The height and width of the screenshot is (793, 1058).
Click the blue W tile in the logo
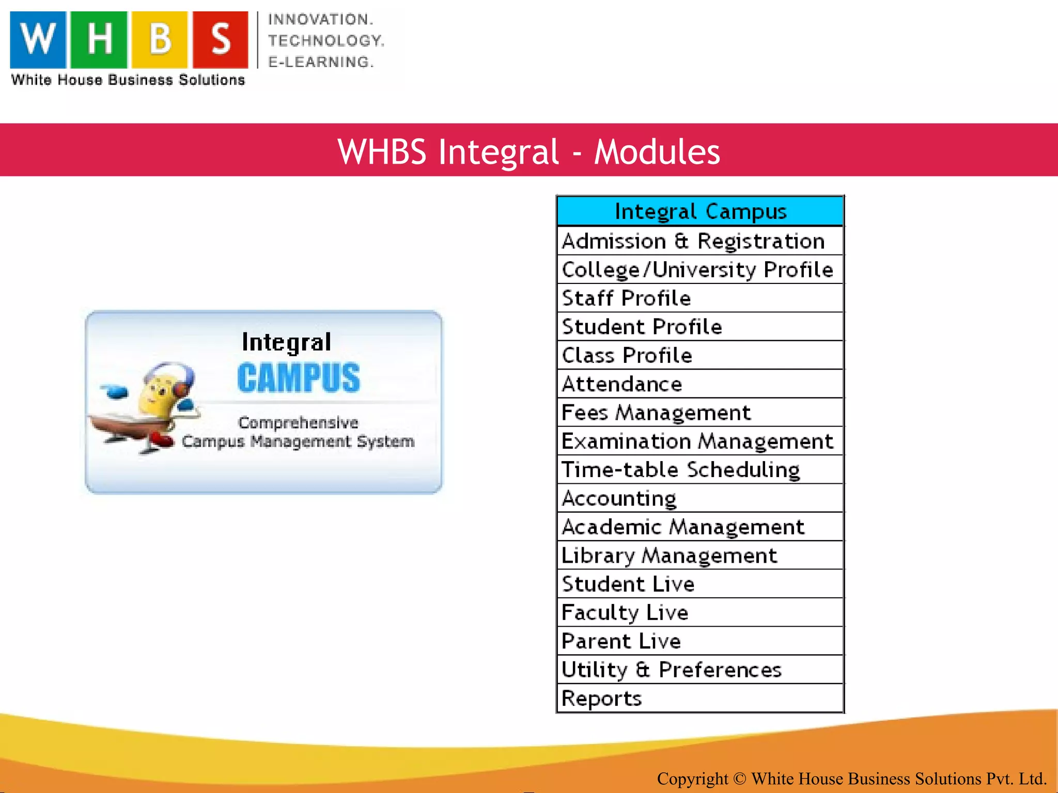tap(38, 40)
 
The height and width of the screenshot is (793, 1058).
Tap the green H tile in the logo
tap(99, 40)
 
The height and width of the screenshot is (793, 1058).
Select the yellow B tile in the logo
tap(160, 40)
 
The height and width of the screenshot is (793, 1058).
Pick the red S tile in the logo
tap(221, 40)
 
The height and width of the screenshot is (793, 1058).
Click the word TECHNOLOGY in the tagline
tap(326, 41)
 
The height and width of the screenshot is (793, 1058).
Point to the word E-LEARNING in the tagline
tap(320, 62)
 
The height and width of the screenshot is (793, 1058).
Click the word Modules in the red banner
tap(657, 152)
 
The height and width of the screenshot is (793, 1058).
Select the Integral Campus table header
tap(700, 212)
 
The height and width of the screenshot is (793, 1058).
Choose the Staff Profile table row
tap(626, 298)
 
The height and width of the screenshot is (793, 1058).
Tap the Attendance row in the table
tap(622, 384)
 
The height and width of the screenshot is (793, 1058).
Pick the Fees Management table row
tap(656, 413)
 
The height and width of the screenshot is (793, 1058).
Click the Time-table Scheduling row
tap(680, 470)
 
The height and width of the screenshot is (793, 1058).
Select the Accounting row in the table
tap(619, 498)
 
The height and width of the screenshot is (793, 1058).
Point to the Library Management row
tap(669, 556)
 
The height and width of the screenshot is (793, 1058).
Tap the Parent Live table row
tap(621, 641)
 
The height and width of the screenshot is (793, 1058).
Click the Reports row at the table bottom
tap(601, 699)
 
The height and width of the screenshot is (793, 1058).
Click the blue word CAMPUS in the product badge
tap(299, 378)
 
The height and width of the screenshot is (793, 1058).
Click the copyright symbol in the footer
tap(739, 779)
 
